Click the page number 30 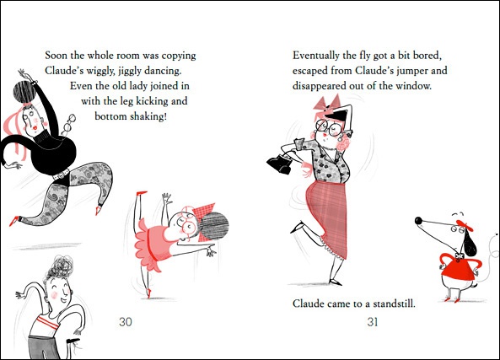126,322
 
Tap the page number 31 372,322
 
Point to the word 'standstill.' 395,304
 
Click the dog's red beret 465,225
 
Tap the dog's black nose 419,220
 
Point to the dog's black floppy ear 470,243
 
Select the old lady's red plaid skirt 327,217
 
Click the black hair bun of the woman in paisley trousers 24,92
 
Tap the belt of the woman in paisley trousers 62,175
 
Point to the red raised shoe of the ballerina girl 142,193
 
